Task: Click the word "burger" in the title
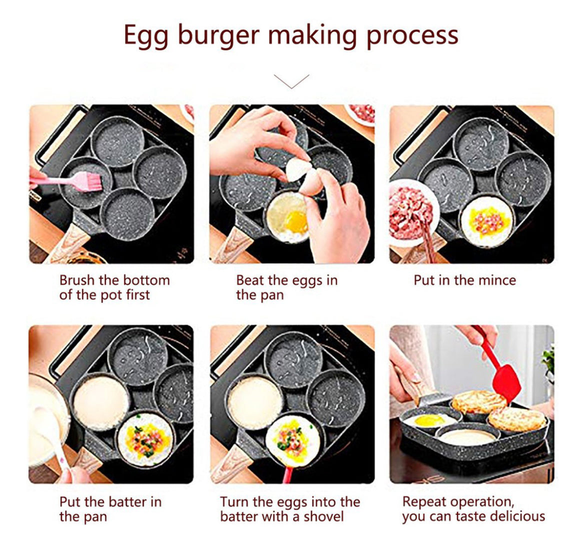click(218, 36)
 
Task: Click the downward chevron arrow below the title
click(291, 81)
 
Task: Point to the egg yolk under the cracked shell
click(296, 221)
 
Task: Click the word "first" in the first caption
click(137, 295)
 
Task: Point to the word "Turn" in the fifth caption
click(234, 502)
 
